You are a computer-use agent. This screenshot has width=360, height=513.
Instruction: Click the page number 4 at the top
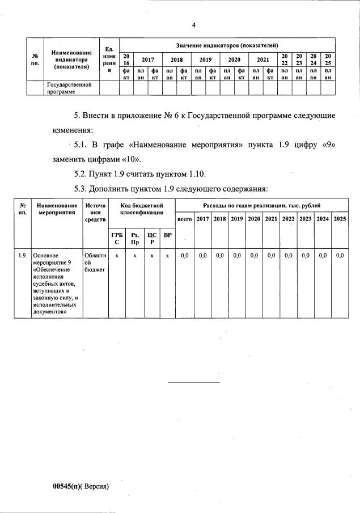tap(193, 25)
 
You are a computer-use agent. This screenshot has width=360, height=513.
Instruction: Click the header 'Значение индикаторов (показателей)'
tap(226, 45)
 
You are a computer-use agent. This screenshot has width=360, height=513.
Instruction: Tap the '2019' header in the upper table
tap(205, 59)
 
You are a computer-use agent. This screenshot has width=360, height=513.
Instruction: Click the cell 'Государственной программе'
tap(69, 87)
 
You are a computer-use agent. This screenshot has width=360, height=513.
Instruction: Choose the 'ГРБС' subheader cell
tap(117, 238)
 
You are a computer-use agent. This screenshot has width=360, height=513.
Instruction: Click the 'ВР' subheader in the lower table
tap(167, 235)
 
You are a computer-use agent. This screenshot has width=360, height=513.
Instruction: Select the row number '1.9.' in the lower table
tap(22, 256)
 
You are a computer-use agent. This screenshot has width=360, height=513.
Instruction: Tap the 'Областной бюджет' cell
tap(94, 262)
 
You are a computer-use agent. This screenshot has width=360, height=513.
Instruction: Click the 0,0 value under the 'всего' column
tap(184, 256)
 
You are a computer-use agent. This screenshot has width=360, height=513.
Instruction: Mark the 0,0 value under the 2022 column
tap(288, 256)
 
